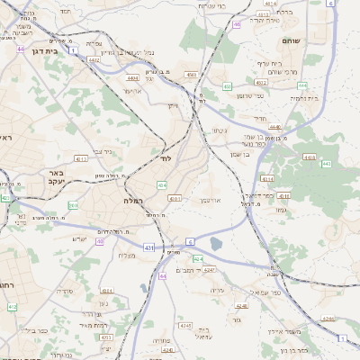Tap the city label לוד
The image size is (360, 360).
166,157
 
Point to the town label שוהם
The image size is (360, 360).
290,40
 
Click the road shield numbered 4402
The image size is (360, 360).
94,60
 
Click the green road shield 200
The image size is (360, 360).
73,206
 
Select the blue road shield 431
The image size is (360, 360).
148,247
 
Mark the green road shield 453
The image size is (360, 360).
227,86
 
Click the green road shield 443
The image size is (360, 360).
326,164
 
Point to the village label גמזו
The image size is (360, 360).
281,210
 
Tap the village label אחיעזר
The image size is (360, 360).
133,90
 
